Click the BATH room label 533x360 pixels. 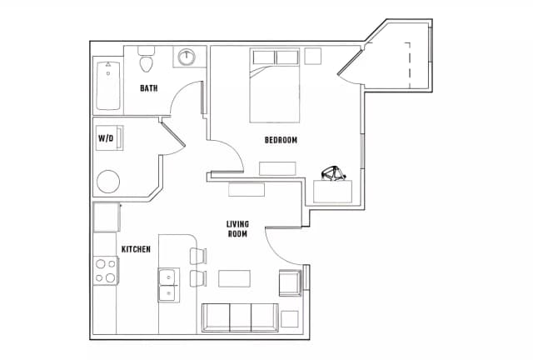coord(149,88)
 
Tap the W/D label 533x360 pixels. coord(106,137)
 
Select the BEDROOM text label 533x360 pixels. coord(281,140)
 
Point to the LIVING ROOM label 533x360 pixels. coord(238,229)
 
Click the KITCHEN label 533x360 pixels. coord(136,249)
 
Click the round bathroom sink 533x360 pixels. coord(187,57)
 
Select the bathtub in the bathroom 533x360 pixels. coord(107,86)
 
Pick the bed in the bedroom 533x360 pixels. coord(275,87)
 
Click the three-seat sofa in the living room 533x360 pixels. coord(240,317)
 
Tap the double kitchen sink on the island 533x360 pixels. coord(169,283)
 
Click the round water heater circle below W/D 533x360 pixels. coord(109,182)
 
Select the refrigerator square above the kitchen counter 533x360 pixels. coord(107,217)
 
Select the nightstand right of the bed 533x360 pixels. coord(312,57)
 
